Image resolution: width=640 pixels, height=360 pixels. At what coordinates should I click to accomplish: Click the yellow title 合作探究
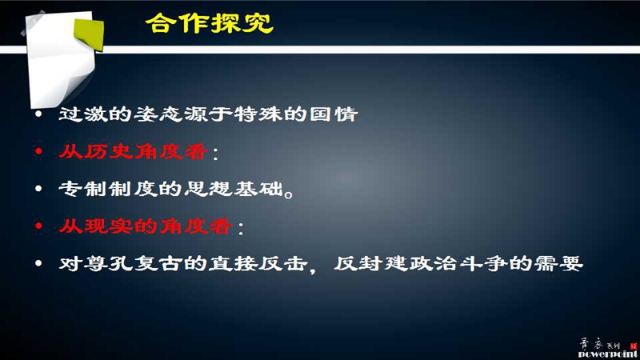pos(210,23)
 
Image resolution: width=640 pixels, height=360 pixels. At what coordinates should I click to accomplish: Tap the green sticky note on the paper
pos(89,34)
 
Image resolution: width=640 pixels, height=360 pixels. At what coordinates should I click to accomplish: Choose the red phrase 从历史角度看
pos(133,152)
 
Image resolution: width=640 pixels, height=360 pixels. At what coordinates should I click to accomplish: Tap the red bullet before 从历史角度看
pos(38,152)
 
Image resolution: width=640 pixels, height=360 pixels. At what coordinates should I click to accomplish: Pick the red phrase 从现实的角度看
pos(146,226)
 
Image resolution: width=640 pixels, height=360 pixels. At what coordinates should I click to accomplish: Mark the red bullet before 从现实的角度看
pos(38,226)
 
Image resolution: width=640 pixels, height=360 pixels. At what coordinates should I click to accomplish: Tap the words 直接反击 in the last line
pos(258,264)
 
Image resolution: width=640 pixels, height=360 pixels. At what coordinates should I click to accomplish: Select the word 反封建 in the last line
pos(370,264)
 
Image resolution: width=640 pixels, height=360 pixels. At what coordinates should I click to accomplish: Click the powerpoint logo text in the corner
pos(608,354)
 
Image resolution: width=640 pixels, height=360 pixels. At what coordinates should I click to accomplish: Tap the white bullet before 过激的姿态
pos(38,114)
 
